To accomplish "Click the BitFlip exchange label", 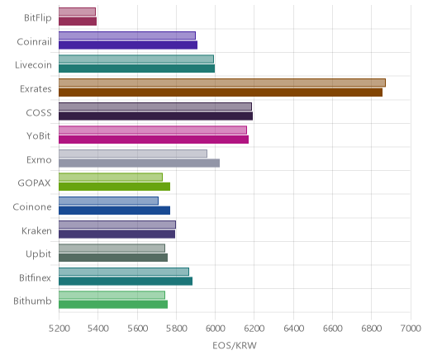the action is (38, 18).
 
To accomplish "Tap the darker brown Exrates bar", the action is (221, 92).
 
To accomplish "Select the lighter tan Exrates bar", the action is (222, 83).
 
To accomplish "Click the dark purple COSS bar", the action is (155, 116).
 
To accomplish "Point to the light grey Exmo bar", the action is (133, 154).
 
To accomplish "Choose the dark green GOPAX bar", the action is (114, 187).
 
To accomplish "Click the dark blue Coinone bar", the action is (114, 211).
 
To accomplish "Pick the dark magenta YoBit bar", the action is (154, 140).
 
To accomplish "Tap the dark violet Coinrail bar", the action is (128, 45).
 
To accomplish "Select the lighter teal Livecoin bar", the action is (136, 59).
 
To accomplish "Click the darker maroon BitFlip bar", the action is (78, 21).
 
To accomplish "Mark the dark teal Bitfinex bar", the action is (126, 282).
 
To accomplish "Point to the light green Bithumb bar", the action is (112, 296).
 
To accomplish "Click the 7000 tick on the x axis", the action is (411, 329).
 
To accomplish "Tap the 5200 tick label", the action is (59, 329).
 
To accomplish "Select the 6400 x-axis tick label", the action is (294, 329).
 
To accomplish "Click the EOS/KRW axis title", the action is (235, 346).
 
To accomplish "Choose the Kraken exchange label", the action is (36, 231).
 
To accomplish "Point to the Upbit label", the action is (38, 254).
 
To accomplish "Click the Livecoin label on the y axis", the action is (33, 65).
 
